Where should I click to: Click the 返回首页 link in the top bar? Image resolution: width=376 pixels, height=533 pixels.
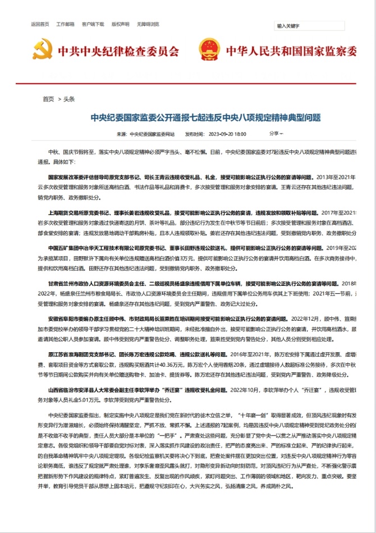[40, 24]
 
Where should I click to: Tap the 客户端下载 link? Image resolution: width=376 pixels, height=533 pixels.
[93, 24]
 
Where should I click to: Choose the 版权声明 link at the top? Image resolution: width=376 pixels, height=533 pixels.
[120, 24]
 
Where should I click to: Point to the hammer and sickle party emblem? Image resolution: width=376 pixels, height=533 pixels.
[43, 51]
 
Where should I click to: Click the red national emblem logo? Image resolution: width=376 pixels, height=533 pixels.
[210, 51]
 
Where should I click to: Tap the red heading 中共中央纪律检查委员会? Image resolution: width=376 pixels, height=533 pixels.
[118, 51]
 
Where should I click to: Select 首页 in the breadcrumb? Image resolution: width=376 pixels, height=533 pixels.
[48, 99]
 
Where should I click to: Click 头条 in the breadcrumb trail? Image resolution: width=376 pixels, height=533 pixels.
[69, 99]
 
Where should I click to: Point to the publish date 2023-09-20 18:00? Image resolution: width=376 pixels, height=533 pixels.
[227, 134]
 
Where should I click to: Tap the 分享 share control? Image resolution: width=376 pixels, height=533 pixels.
[276, 134]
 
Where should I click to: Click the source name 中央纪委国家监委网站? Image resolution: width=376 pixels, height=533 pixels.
[152, 134]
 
